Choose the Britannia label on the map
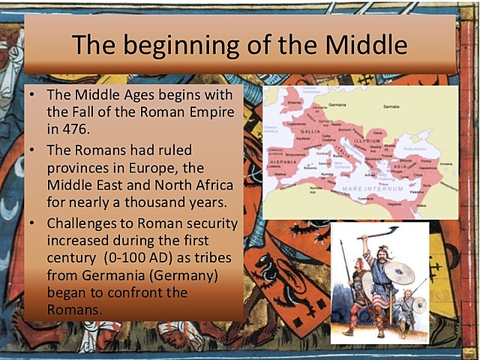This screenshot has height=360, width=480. [x=293, y=100]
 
